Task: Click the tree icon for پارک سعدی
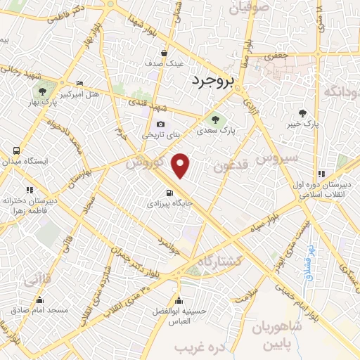pos(214,118)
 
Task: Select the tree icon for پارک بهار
pos(43,91)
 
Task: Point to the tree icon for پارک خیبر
pos(303,112)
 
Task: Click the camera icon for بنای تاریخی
pos(161,124)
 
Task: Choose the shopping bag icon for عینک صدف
pos(164,52)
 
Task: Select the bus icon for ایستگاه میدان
pos(16,150)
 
